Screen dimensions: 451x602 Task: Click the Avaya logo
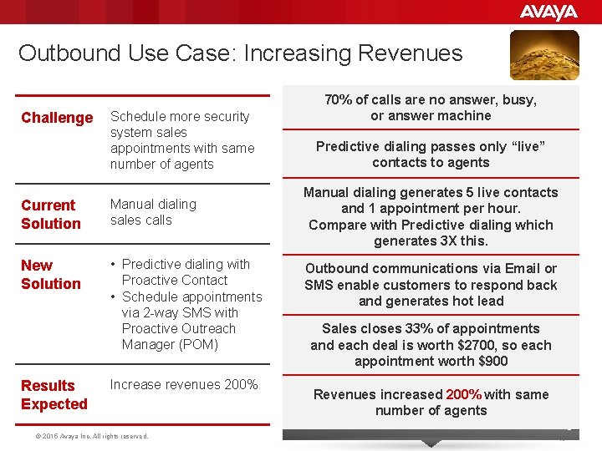coord(548,12)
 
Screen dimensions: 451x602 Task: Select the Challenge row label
coord(57,118)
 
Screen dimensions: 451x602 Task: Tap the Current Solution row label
coord(50,215)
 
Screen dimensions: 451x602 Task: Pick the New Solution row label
coord(50,275)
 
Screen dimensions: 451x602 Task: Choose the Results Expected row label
coord(54,395)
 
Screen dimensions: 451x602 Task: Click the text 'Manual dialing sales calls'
coord(153,212)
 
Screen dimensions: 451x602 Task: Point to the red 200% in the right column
coord(463,394)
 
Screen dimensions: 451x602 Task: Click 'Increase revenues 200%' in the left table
coord(184,385)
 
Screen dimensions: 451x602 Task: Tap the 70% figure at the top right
coord(339,99)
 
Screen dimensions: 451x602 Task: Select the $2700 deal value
coord(479,345)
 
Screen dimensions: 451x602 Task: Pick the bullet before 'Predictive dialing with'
coord(113,265)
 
